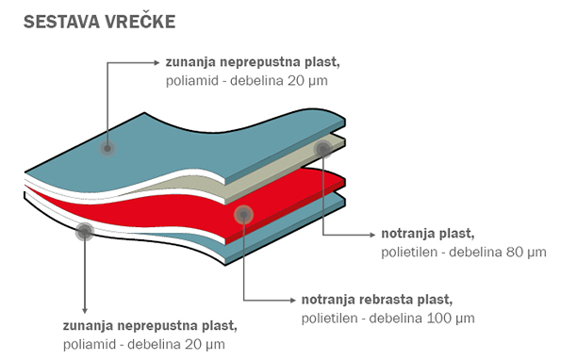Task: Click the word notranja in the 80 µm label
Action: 407,234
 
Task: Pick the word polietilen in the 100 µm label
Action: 328,318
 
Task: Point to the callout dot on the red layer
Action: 243,215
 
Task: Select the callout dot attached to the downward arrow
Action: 84,231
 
